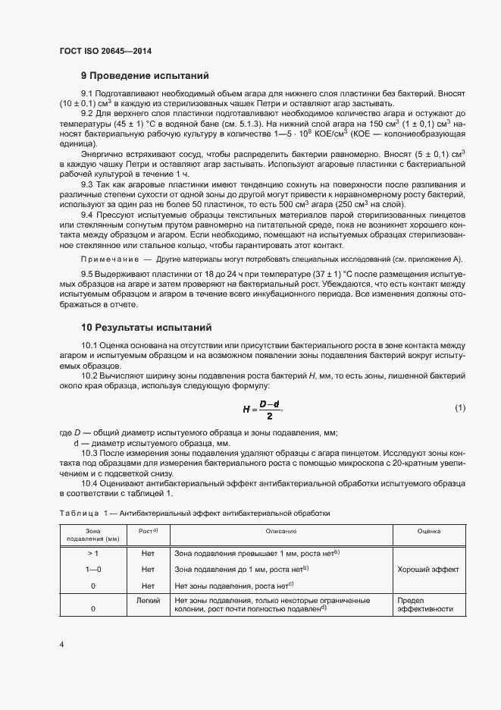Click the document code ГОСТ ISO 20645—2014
[111, 50]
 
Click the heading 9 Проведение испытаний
[144, 76]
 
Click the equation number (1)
[459, 408]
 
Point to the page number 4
[61, 645]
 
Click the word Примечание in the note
[107, 259]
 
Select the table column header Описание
[280, 532]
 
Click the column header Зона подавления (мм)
[92, 536]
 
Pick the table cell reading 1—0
[92, 569]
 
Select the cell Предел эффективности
[425, 605]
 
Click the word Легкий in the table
[148, 600]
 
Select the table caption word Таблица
[79, 513]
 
